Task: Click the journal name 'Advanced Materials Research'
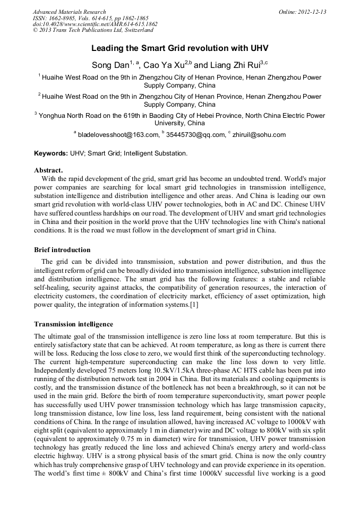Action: click(70, 12)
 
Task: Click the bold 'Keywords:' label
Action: click(51, 153)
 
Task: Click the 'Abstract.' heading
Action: click(48, 170)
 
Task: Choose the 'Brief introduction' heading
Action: click(62, 249)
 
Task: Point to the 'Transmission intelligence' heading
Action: click(73, 324)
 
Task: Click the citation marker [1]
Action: click(194, 304)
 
